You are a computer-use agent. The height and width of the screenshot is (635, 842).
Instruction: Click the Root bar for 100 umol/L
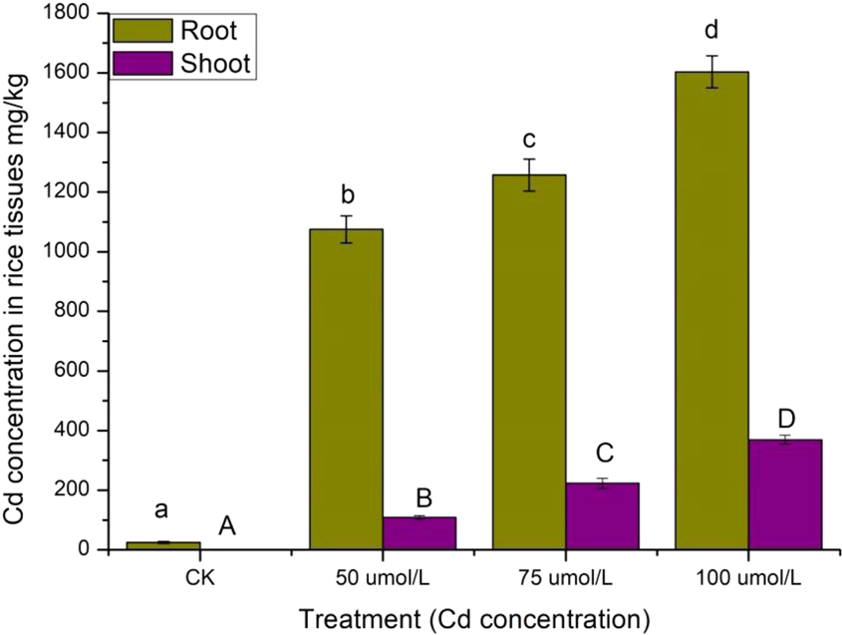pyautogui.click(x=712, y=310)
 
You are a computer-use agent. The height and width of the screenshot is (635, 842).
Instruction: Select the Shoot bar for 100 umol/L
pyautogui.click(x=785, y=494)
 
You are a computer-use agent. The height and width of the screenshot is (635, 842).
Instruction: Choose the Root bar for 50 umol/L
pyautogui.click(x=347, y=389)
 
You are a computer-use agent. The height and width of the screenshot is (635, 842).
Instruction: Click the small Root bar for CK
pyautogui.click(x=163, y=544)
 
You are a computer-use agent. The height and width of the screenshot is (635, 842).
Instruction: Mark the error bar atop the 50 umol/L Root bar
pyautogui.click(x=347, y=229)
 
